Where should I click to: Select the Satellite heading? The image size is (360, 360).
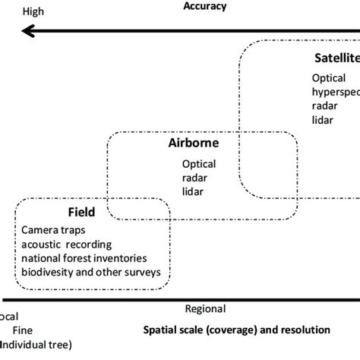[x=336, y=59]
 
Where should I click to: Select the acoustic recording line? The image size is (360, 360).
[x=67, y=244]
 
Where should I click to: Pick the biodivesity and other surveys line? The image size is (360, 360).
[x=91, y=271]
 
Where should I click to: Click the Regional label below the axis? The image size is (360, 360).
[x=205, y=309]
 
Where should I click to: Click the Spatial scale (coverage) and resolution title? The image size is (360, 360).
[x=236, y=330]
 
